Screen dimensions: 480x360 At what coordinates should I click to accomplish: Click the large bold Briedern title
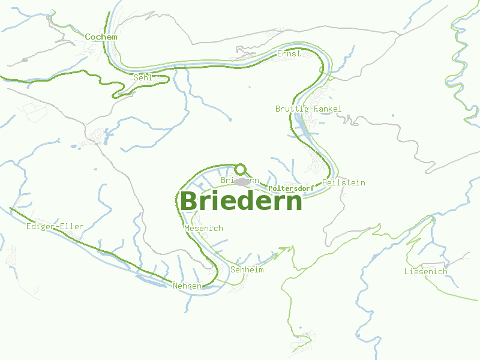[241, 201]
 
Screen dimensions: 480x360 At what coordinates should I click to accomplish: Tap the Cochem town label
[101, 37]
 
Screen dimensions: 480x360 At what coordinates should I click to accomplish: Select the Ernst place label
[289, 54]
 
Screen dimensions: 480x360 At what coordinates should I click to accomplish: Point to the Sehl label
[143, 77]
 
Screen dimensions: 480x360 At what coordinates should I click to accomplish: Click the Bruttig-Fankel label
[308, 109]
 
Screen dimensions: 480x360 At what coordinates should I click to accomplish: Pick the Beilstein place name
[343, 182]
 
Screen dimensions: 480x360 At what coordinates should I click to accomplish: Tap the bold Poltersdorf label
[292, 188]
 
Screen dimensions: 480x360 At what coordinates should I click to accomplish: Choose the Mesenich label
[203, 229]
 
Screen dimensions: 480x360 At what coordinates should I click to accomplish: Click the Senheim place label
[247, 270]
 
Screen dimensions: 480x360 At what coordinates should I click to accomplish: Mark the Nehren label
[187, 286]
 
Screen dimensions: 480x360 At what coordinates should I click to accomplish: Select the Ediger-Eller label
[55, 227]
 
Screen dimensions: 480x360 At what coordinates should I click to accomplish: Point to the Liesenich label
[425, 272]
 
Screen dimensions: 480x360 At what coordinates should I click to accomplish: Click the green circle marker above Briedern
[241, 169]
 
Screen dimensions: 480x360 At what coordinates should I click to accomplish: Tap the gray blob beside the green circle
[242, 182]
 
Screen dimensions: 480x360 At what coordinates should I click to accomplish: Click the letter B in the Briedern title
[189, 201]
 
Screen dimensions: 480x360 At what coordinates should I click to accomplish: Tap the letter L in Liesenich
[407, 272]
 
